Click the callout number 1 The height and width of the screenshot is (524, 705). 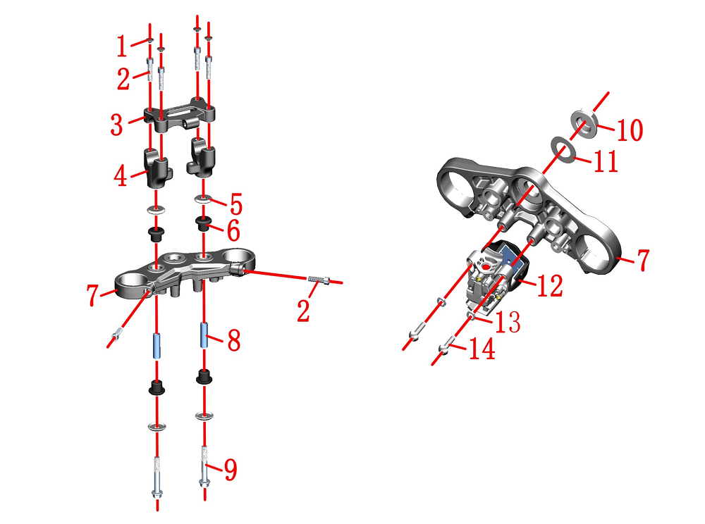(x=121, y=46)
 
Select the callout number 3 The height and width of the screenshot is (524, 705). (x=116, y=125)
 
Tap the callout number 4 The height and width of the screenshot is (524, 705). (x=120, y=176)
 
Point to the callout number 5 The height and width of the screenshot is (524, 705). (x=236, y=204)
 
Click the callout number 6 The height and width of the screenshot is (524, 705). (x=233, y=231)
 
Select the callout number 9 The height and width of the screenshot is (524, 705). (x=231, y=470)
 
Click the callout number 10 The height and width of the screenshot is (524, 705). (x=630, y=130)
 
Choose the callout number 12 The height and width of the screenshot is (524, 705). (x=549, y=285)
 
